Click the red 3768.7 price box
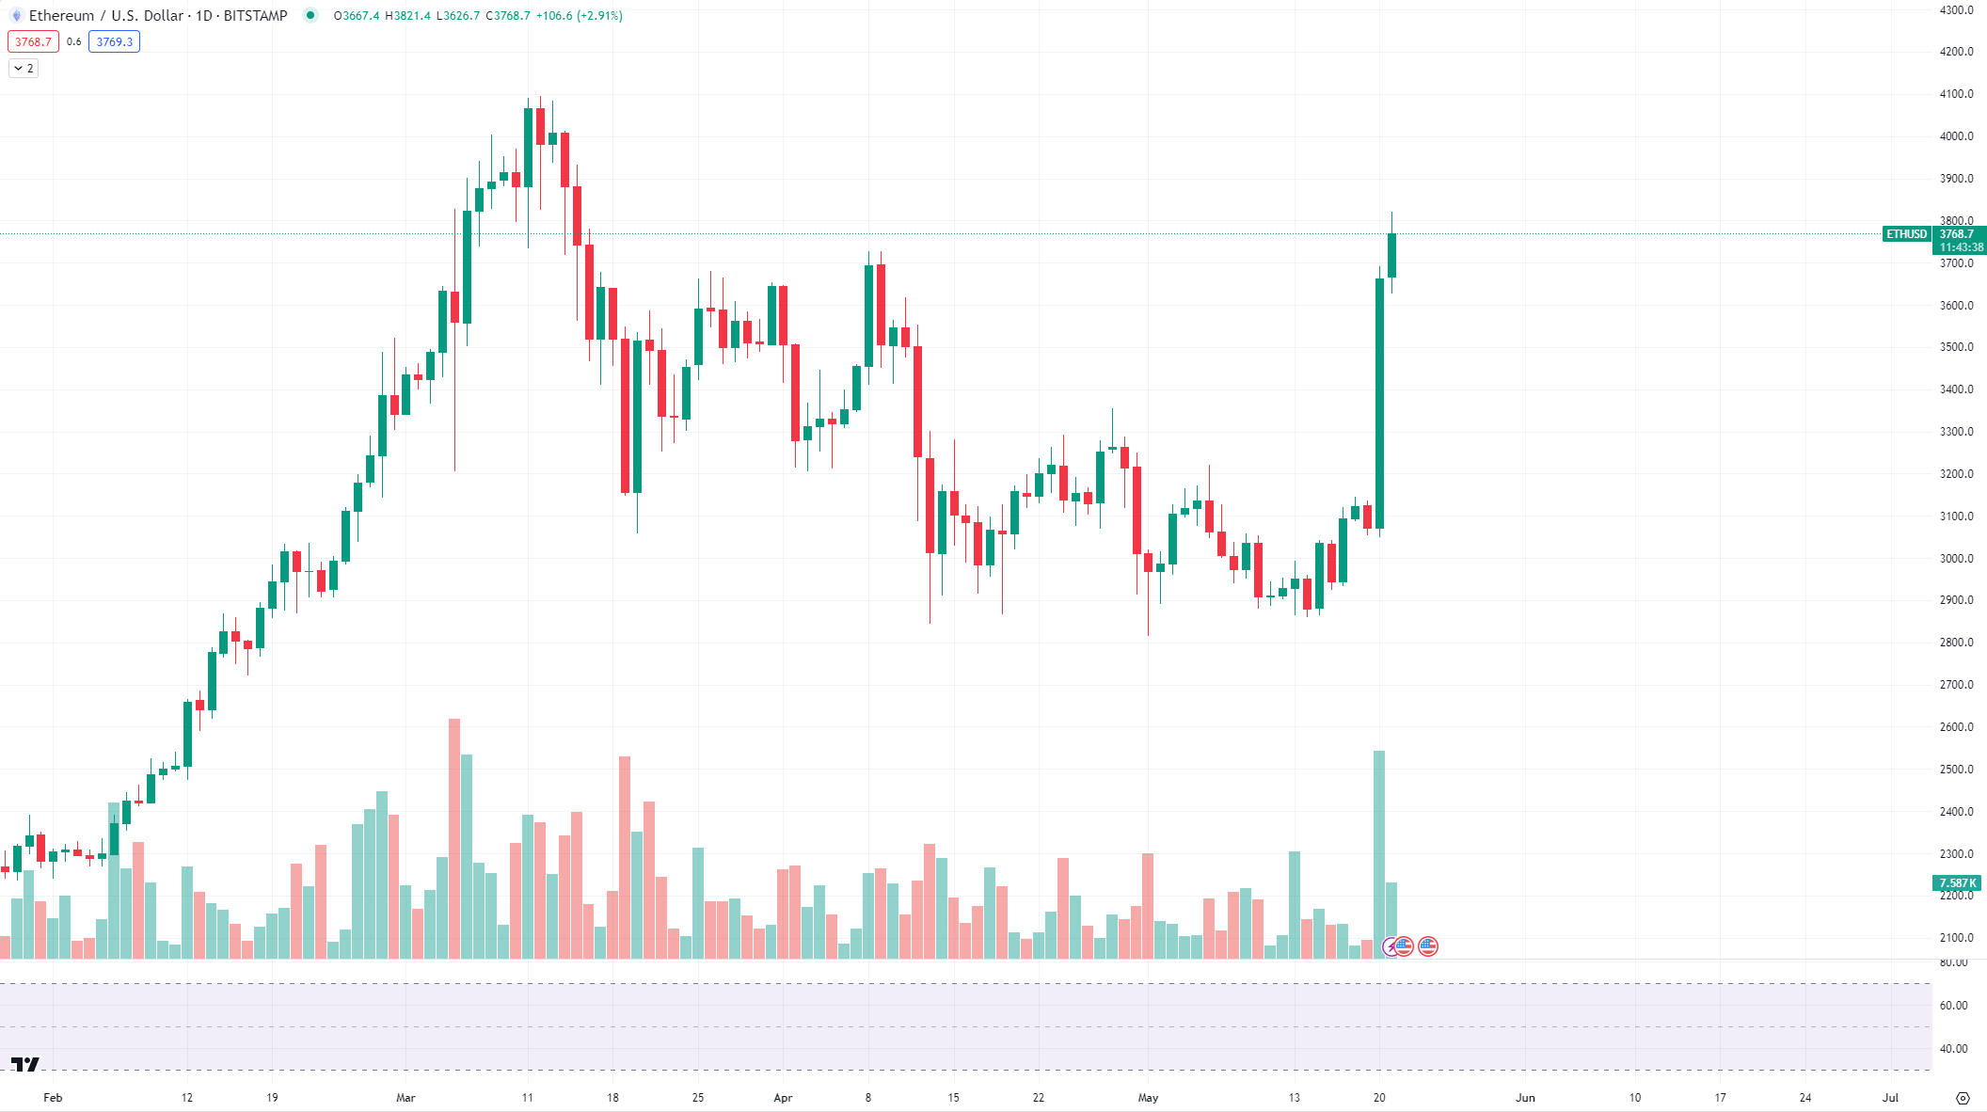[33, 41]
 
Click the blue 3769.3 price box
[114, 41]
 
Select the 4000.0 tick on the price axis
[1956, 136]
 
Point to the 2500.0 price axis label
[1956, 770]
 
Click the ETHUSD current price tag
[1906, 234]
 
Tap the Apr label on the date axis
[783, 1098]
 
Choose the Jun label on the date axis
[1525, 1098]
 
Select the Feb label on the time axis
[53, 1098]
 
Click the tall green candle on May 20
[1379, 405]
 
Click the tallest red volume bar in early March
[454, 837]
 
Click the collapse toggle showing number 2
[24, 68]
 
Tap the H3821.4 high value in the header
[407, 15]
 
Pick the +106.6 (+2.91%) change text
[579, 15]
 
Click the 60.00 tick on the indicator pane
[1953, 1006]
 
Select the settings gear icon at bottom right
[1963, 1098]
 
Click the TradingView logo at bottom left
[25, 1064]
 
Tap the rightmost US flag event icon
[1428, 946]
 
